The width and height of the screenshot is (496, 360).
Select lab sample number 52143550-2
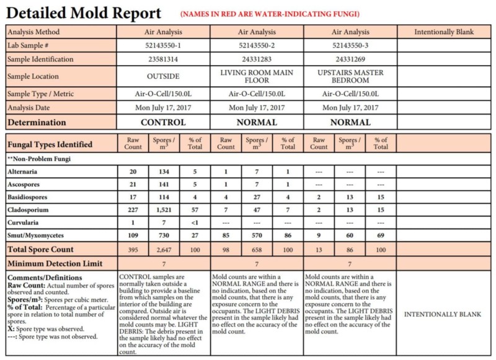tap(257, 45)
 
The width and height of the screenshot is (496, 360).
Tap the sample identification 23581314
tap(164, 59)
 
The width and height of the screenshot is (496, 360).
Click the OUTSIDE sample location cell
tap(164, 77)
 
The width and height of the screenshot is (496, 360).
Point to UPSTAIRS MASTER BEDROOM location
tap(350, 77)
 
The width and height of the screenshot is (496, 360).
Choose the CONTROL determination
tap(164, 122)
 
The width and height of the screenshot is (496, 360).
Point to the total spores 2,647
tap(164, 249)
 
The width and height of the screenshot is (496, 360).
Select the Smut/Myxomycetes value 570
tap(257, 235)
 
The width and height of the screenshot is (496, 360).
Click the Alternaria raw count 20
tap(133, 170)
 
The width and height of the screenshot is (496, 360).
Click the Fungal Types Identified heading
tap(50, 144)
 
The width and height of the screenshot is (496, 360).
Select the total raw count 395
tap(133, 249)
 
